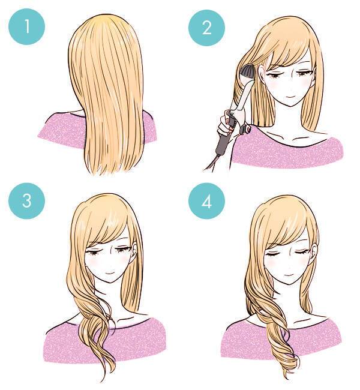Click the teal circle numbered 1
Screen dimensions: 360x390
click(26, 26)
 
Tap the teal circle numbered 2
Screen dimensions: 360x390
click(206, 28)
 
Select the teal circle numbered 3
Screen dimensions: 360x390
click(26, 201)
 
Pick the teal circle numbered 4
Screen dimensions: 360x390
click(206, 201)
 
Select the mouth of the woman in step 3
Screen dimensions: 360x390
click(110, 272)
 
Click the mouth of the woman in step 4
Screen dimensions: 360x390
click(289, 275)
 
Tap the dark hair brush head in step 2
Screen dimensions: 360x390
click(247, 71)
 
